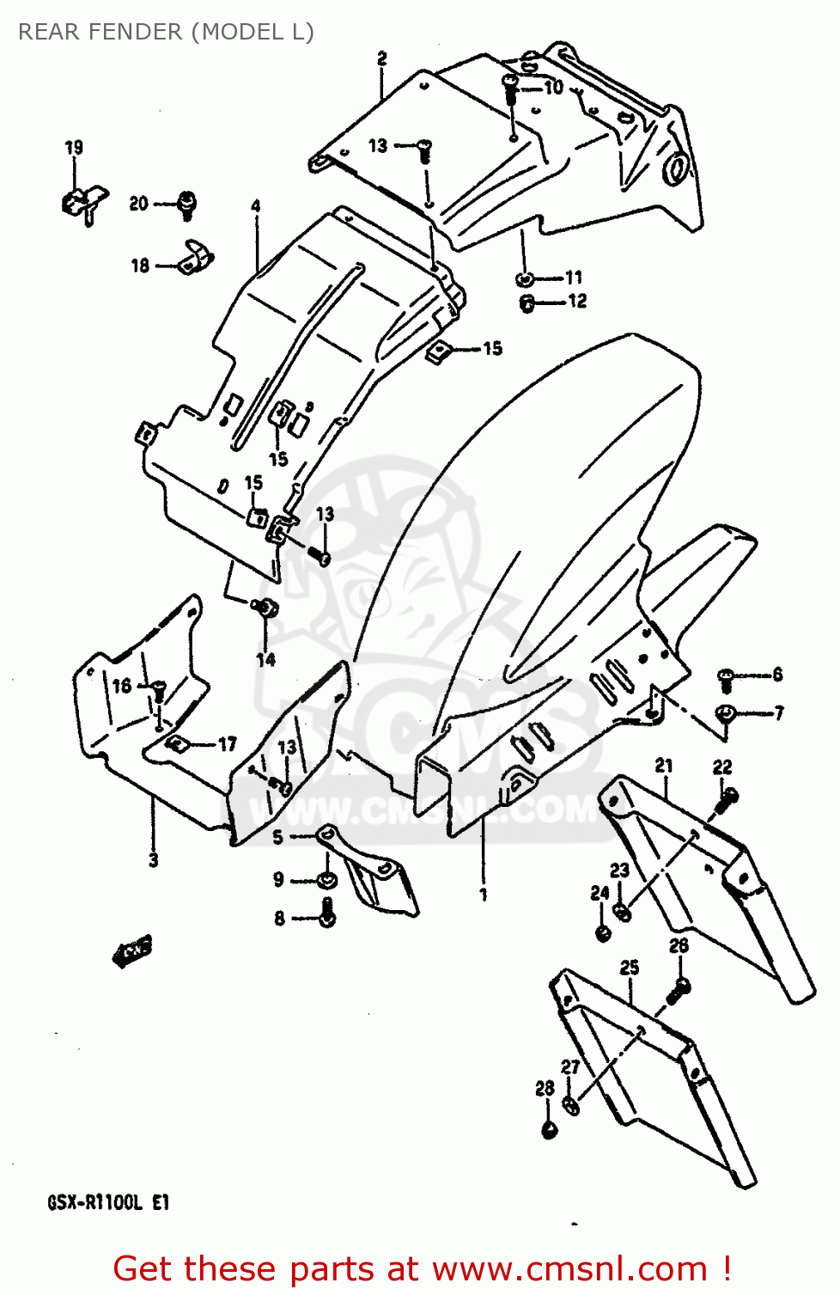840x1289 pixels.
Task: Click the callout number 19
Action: coord(74,148)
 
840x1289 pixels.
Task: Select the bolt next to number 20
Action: coord(186,205)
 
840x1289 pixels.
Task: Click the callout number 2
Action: coord(381,58)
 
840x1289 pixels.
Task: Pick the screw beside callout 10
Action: coord(509,86)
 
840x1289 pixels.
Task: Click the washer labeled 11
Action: coord(525,278)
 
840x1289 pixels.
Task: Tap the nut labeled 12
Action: coord(527,302)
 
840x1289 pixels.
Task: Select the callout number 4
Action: coord(256,206)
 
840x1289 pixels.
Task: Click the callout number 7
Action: coord(778,712)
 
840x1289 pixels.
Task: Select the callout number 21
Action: coord(664,765)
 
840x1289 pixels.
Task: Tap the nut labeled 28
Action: coord(550,1128)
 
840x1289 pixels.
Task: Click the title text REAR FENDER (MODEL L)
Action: coord(166,32)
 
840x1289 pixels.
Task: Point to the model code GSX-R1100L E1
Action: coord(108,1202)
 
